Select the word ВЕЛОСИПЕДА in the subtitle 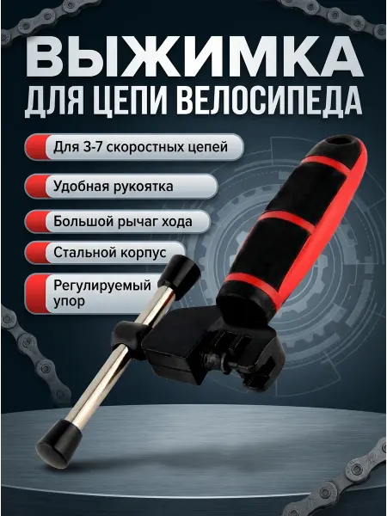tap(271, 100)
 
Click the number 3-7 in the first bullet tap(93, 146)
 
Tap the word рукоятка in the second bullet tap(143, 187)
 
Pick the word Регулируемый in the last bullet tap(102, 286)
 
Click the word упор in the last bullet tap(69, 302)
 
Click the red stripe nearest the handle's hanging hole tap(326, 165)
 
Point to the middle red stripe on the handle tap(286, 221)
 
